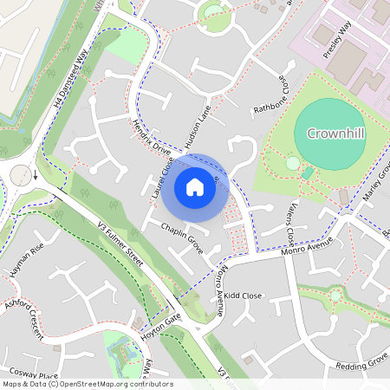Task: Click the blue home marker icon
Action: point(195,186)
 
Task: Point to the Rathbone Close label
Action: point(269,96)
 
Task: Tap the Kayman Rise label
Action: point(24,258)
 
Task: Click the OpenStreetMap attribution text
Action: point(87,384)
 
